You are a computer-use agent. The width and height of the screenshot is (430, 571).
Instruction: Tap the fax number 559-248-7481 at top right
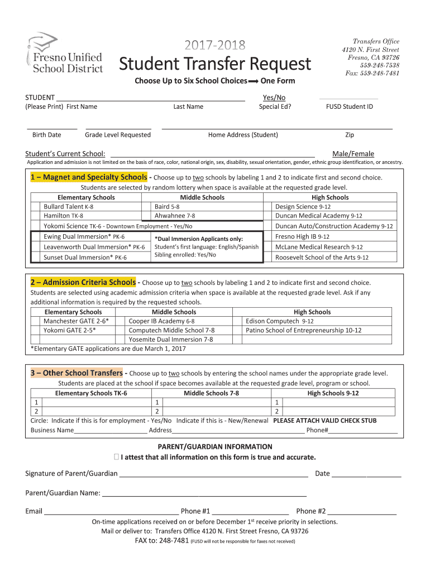click(372, 73)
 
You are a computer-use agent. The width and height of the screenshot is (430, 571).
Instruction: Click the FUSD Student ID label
click(350, 107)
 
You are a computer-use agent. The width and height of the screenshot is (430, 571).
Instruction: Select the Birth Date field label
click(47, 135)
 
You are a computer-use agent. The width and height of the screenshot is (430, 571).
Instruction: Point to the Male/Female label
click(353, 154)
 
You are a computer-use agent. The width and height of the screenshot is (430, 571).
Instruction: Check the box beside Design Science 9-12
click(269, 206)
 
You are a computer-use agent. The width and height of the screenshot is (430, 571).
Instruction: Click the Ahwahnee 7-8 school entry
click(175, 215)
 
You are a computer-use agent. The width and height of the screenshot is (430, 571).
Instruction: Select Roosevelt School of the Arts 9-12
click(322, 257)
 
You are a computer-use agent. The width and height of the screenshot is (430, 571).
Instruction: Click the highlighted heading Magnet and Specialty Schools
click(89, 177)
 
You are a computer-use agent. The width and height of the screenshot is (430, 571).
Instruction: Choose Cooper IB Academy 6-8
click(161, 321)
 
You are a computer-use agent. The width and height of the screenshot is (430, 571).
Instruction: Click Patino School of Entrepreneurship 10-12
click(303, 330)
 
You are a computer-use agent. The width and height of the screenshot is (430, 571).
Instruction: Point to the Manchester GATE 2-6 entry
click(76, 321)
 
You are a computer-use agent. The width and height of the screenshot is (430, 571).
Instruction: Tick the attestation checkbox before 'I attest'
click(116, 457)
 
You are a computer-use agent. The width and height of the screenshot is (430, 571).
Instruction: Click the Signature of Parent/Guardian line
click(213, 474)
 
